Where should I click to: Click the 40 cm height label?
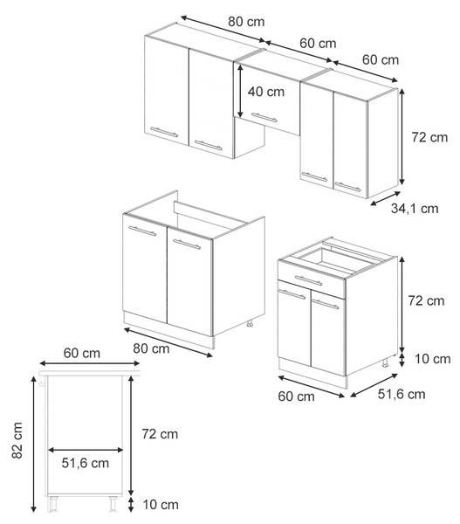tap(266, 92)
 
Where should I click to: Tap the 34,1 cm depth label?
tap(415, 209)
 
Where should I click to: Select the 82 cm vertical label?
tap(17, 440)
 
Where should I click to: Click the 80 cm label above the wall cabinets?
tap(246, 22)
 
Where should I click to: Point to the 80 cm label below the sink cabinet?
tap(151, 348)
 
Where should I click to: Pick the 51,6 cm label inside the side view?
tap(86, 463)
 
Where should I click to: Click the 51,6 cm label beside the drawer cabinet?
tap(402, 395)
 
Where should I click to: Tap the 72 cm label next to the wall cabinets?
tap(429, 137)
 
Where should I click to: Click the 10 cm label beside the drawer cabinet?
tap(433, 359)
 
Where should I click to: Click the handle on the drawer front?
tap(308, 280)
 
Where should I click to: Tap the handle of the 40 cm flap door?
tap(264, 118)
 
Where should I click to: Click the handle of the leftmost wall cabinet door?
tap(164, 132)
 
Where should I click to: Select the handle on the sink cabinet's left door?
tap(142, 231)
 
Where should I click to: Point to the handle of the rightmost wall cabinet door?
tap(347, 187)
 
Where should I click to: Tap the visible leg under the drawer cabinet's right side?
tap(385, 363)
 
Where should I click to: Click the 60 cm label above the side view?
tap(82, 353)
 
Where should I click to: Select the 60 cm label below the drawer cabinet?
tap(296, 396)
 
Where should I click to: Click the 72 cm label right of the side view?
tap(160, 434)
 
